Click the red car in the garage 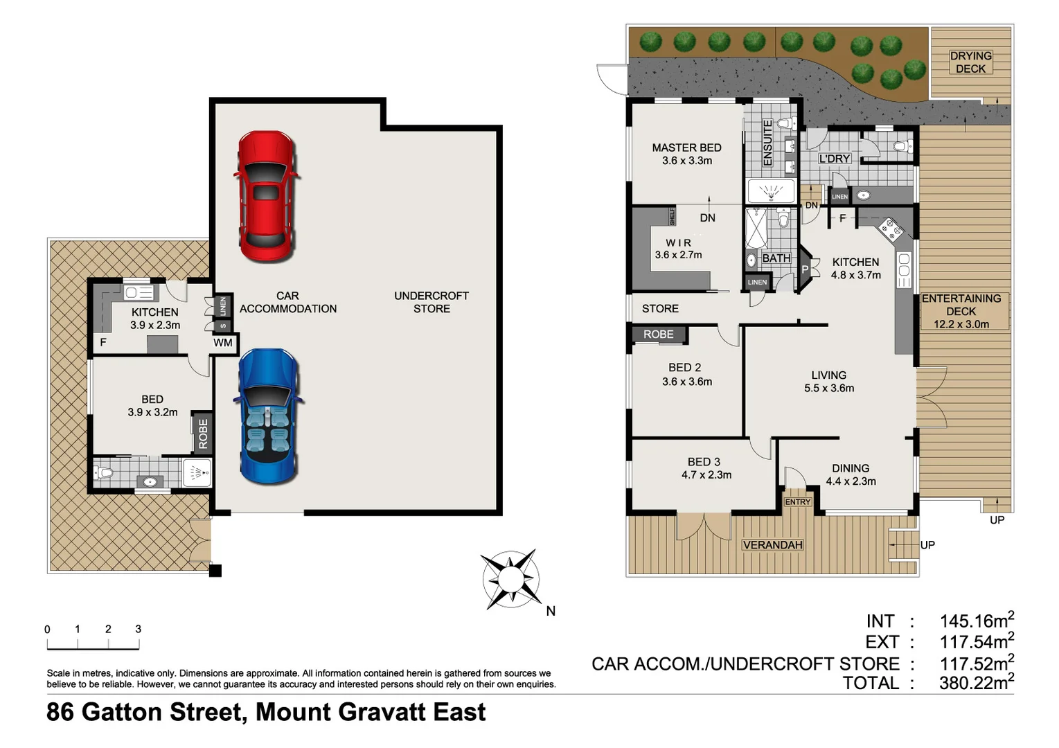[265, 197]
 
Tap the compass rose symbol [510, 579]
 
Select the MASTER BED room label [686, 148]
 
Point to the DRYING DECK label [970, 62]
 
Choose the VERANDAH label [772, 545]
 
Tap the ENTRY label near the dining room [797, 502]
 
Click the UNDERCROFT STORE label [431, 302]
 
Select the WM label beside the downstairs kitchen [223, 343]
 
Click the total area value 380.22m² [976, 683]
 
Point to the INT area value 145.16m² [976, 621]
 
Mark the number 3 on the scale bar [139, 629]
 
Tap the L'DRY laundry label [834, 159]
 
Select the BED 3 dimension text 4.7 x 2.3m [706, 475]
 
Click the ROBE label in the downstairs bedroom [203, 434]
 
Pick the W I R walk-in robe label [678, 243]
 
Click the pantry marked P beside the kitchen [805, 269]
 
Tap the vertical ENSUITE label [767, 143]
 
